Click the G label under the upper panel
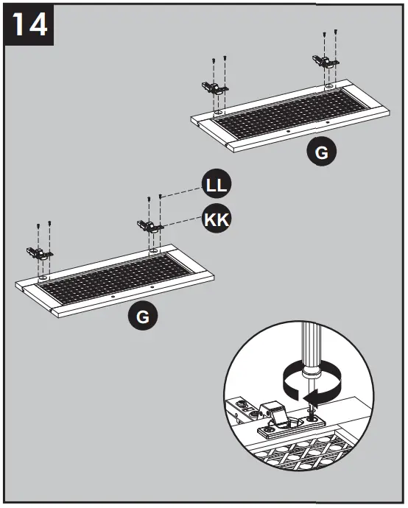pos(322,153)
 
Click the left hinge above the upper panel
pos(214,88)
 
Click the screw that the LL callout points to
pos(161,197)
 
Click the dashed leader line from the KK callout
pos(180,221)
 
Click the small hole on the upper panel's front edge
pos(289,133)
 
